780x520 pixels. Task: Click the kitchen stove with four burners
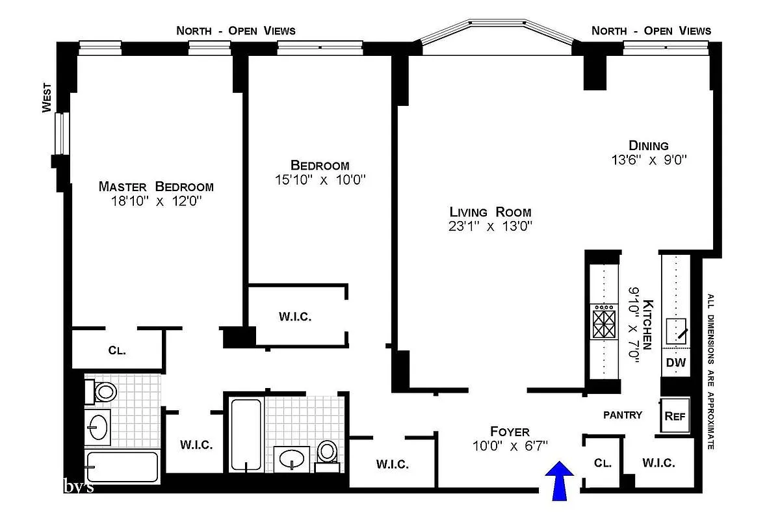tap(603, 322)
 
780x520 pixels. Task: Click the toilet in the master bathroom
tap(102, 392)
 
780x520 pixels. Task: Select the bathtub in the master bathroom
tap(122, 467)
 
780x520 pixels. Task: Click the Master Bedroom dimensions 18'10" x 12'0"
tap(156, 202)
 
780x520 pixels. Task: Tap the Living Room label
tap(490, 212)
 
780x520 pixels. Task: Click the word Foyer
tap(510, 432)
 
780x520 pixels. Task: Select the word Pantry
tap(622, 415)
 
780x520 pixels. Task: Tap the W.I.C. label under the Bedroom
tap(295, 317)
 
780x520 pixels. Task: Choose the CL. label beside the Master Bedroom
tap(117, 350)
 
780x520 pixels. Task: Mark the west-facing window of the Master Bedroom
tap(60, 133)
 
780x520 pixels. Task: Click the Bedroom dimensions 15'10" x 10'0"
tap(320, 179)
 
